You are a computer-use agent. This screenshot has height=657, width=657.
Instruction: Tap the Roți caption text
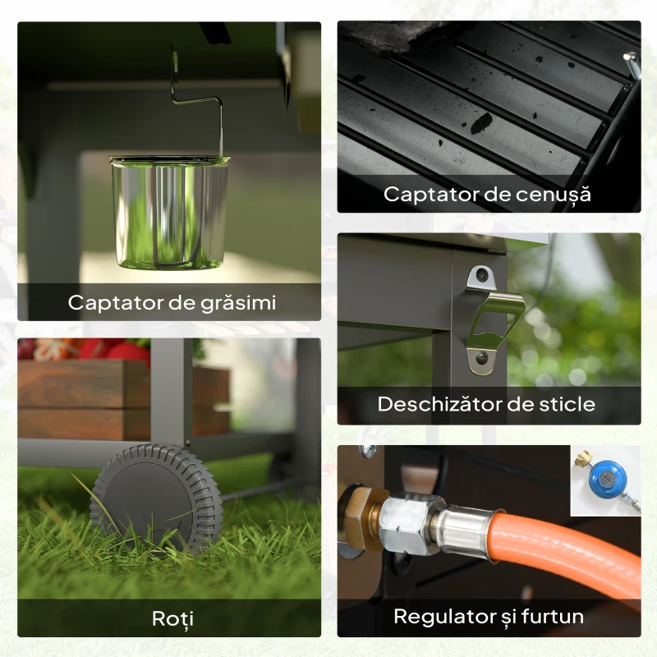click(x=172, y=618)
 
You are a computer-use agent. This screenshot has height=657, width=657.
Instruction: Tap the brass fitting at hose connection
click(x=358, y=514)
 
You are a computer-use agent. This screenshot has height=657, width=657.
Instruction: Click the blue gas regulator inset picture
click(x=605, y=480)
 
